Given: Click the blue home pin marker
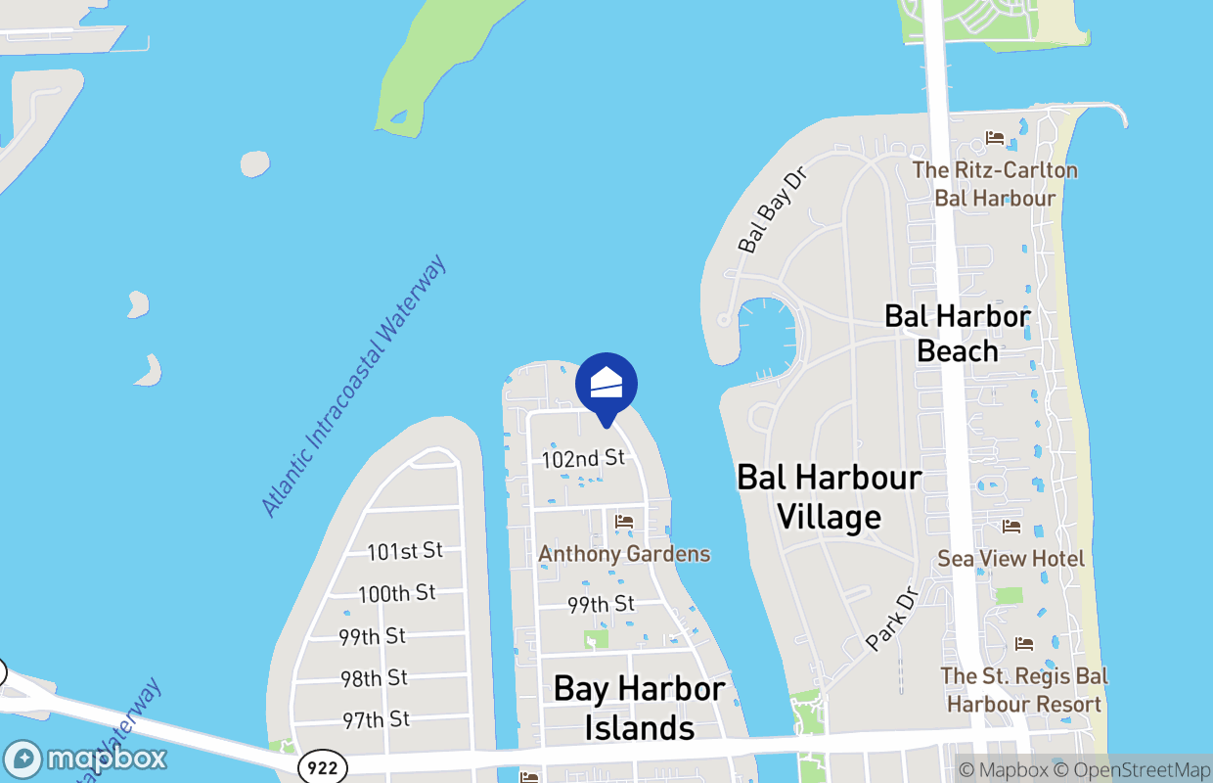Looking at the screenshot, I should click(606, 385).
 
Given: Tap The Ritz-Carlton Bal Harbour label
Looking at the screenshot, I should click(995, 184).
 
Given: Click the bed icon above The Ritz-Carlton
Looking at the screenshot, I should click(995, 138).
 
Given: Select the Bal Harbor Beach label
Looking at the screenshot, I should click(957, 333).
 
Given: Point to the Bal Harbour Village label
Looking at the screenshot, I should click(830, 496).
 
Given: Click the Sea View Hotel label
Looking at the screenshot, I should click(1011, 559).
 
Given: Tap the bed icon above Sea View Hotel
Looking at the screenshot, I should click(1011, 527).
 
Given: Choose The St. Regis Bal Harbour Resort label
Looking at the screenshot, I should click(1024, 690).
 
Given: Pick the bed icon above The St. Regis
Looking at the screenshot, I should click(1024, 643).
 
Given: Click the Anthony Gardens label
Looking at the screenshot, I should click(624, 554).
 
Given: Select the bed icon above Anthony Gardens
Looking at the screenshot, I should click(624, 522).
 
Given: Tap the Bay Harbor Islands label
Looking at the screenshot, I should click(640, 708).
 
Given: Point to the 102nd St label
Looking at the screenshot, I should click(583, 458).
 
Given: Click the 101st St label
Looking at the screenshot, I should click(405, 551).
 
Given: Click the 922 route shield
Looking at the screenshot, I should click(322, 767).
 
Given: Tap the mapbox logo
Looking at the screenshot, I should click(85, 760).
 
